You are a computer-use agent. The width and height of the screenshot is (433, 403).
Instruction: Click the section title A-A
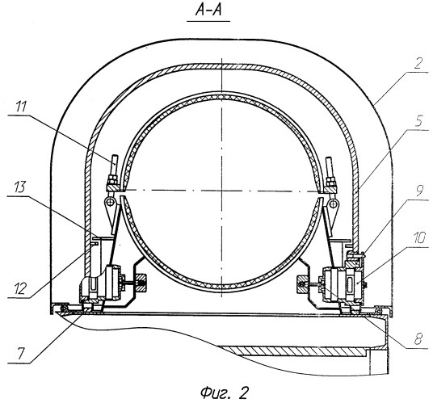(x=208, y=10)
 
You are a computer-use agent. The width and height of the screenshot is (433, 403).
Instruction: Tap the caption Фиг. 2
(x=224, y=393)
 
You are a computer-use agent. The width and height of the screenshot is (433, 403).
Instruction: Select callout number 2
(x=419, y=63)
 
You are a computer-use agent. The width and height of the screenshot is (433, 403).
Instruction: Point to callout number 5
(x=419, y=121)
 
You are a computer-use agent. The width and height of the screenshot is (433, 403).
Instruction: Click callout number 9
(x=419, y=191)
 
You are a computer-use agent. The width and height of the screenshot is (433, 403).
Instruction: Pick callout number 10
(x=419, y=237)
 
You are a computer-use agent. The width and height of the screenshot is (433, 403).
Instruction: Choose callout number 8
(x=418, y=338)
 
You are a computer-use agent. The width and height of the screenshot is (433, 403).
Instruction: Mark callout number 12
(x=20, y=288)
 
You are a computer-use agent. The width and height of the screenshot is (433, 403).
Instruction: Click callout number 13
(x=20, y=187)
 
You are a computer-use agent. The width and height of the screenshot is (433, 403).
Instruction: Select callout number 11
(x=21, y=107)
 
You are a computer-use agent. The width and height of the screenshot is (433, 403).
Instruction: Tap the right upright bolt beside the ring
(x=329, y=168)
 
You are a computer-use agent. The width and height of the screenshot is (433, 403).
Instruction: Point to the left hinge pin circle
(x=111, y=202)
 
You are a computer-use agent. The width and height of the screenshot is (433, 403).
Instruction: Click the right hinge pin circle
(x=334, y=204)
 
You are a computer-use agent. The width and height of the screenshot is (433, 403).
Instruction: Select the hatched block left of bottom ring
(x=141, y=283)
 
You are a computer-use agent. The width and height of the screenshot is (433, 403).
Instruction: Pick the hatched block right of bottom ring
(x=301, y=284)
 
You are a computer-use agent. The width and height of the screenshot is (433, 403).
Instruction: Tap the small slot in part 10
(x=350, y=284)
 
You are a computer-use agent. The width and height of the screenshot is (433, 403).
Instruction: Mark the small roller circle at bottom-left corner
(x=64, y=308)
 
